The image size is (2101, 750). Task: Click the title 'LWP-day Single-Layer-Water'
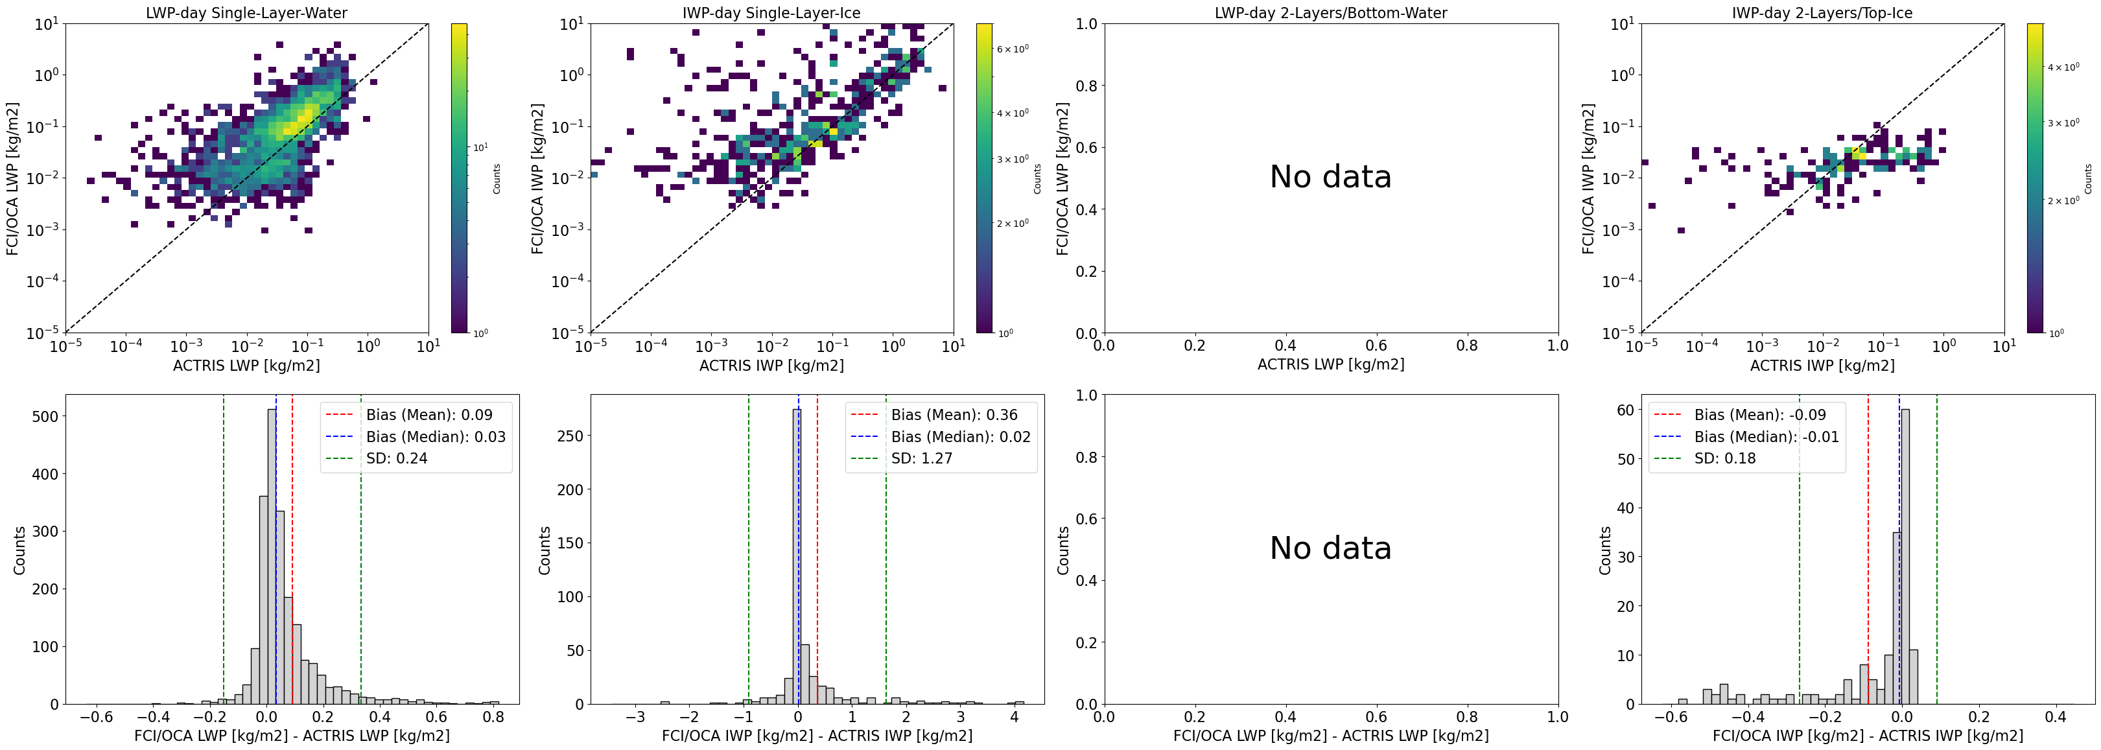(x=246, y=13)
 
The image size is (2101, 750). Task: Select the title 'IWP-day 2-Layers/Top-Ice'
(x=1822, y=13)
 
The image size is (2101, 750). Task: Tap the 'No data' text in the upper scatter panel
(x=1330, y=177)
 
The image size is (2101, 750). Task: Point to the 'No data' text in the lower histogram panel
(x=1330, y=548)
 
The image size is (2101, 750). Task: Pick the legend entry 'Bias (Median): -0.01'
(x=1766, y=437)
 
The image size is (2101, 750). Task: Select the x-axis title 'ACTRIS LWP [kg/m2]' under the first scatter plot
(x=246, y=365)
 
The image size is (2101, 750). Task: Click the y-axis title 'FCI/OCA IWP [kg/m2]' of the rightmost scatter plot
(x=1588, y=178)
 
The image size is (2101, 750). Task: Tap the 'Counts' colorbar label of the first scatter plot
(x=497, y=178)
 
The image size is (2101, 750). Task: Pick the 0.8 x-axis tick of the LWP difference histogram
(x=493, y=718)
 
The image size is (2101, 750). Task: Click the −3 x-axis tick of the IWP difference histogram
(x=635, y=718)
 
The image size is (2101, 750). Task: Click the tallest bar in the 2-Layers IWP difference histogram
(x=1905, y=556)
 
